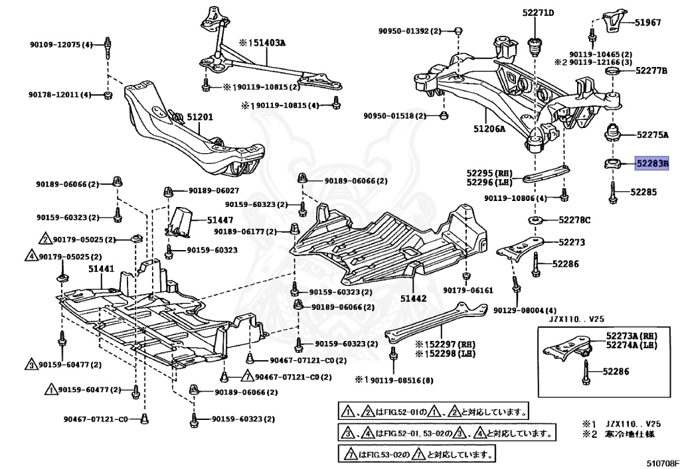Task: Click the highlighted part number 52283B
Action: [652, 163]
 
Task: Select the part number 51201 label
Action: [199, 117]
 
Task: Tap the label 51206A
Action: [489, 129]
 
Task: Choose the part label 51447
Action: [220, 219]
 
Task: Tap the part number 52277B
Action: [651, 70]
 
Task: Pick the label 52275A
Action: [652, 135]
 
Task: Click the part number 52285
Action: [643, 192]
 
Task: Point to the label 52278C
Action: [574, 220]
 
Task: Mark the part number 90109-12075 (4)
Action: [60, 44]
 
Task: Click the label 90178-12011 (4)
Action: [60, 95]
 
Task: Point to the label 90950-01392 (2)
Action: [410, 31]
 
